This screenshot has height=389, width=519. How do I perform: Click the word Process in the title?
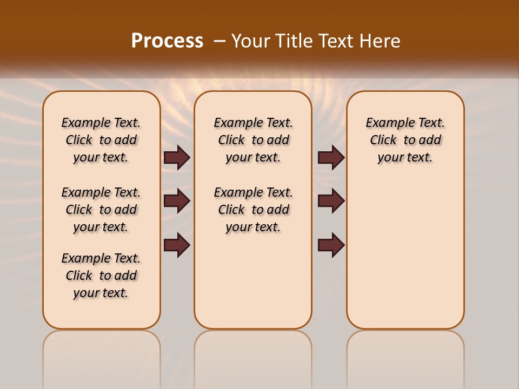pyautogui.click(x=167, y=41)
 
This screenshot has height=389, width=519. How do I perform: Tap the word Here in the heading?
pyautogui.click(x=381, y=41)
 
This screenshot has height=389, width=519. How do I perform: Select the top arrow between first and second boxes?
pyautogui.click(x=177, y=158)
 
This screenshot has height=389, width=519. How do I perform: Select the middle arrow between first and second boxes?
pyautogui.click(x=177, y=201)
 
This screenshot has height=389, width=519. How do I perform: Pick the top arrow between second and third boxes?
pyautogui.click(x=331, y=158)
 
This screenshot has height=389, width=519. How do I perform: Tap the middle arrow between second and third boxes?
pyautogui.click(x=331, y=201)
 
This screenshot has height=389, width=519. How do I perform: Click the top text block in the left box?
pyautogui.click(x=101, y=140)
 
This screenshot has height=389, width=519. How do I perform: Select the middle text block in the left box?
pyautogui.click(x=101, y=210)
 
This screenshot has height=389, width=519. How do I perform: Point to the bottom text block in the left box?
pyautogui.click(x=101, y=276)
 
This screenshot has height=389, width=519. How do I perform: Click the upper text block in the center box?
pyautogui.click(x=253, y=140)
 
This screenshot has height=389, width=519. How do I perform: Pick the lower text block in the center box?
pyautogui.click(x=253, y=210)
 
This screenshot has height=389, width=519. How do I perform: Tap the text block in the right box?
pyautogui.click(x=405, y=140)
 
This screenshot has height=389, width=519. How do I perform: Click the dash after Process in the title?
pyautogui.click(x=219, y=41)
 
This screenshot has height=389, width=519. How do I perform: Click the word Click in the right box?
pyautogui.click(x=383, y=140)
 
